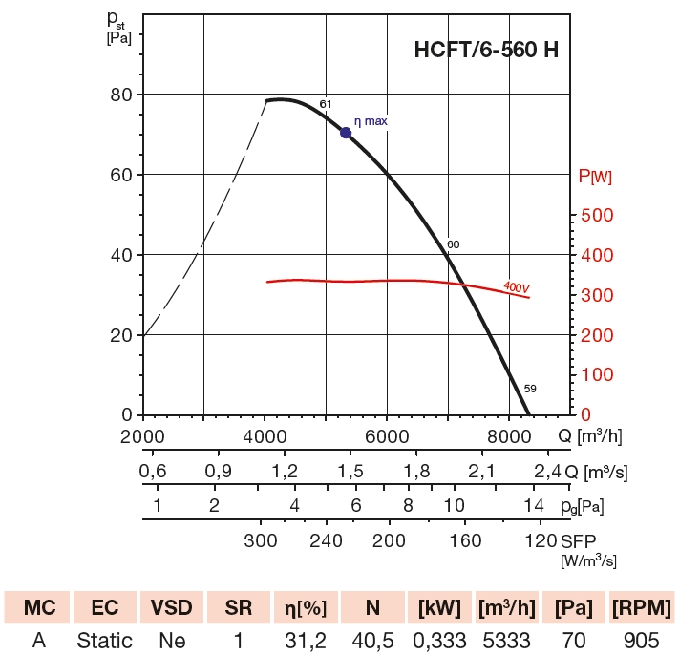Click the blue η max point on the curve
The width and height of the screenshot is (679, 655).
[x=346, y=133]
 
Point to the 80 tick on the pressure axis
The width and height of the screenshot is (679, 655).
[x=121, y=95]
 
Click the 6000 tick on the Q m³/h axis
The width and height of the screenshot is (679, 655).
[x=387, y=435]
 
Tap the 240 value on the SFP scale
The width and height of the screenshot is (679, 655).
[x=326, y=540]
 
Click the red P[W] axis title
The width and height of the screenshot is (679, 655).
[x=596, y=176]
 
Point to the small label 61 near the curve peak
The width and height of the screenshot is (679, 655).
[x=325, y=104]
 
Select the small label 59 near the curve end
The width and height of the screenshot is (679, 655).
[x=530, y=389]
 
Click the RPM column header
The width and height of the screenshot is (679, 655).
[x=642, y=608]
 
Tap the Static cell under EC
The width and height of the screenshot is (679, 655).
[x=105, y=640]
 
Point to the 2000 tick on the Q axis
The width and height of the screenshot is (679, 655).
[x=143, y=435]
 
